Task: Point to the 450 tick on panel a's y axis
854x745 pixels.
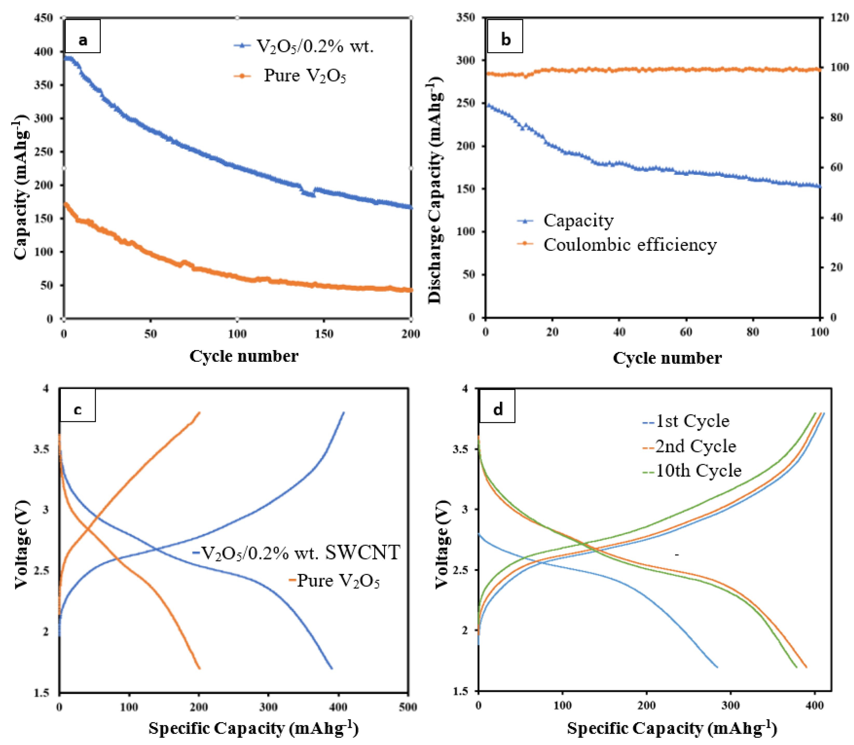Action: point(44,18)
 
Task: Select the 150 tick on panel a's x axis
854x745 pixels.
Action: point(324,334)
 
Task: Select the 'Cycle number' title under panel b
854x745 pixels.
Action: point(667,358)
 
